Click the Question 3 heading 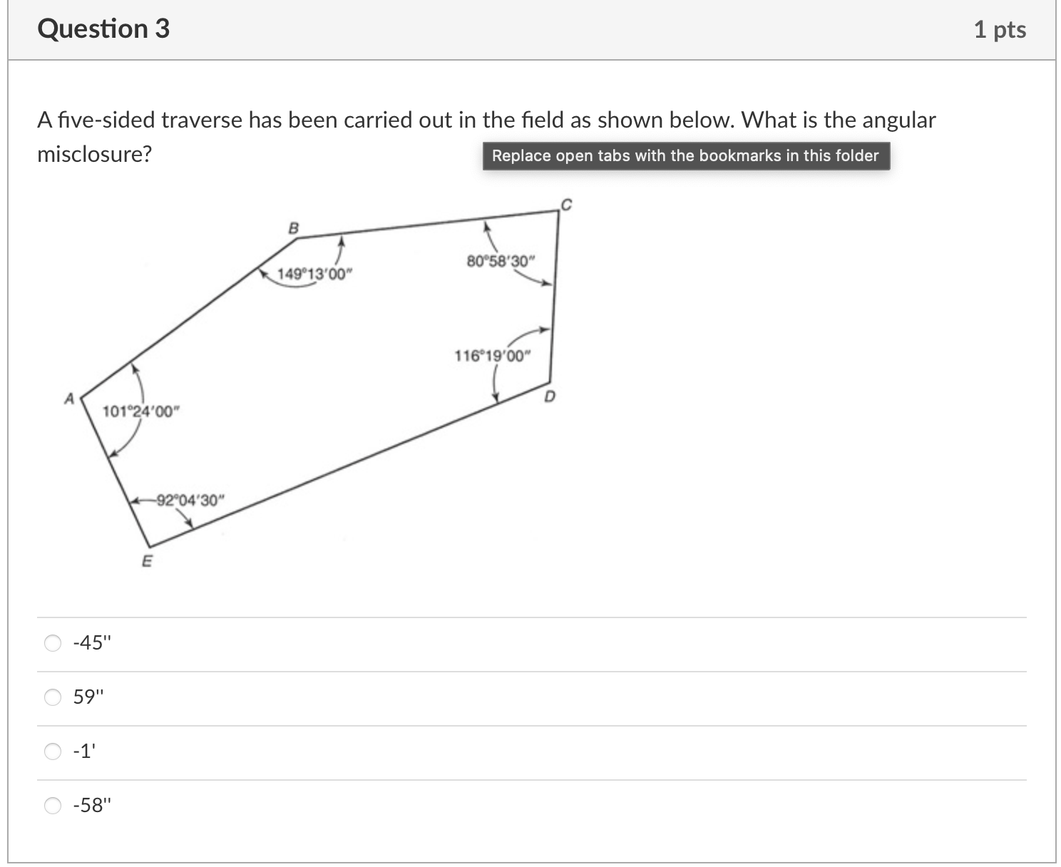click(103, 29)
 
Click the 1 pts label click(1000, 30)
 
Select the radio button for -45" click(53, 643)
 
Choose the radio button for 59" click(53, 697)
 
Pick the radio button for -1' click(53, 751)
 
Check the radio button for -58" click(53, 806)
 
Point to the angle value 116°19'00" click(493, 355)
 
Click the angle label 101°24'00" click(141, 411)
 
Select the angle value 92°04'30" click(190, 500)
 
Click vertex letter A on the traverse click(69, 399)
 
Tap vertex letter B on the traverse click(293, 227)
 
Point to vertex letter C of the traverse click(566, 205)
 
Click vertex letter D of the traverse click(549, 397)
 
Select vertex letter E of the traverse click(147, 561)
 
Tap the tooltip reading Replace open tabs click(685, 155)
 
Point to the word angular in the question click(898, 120)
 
